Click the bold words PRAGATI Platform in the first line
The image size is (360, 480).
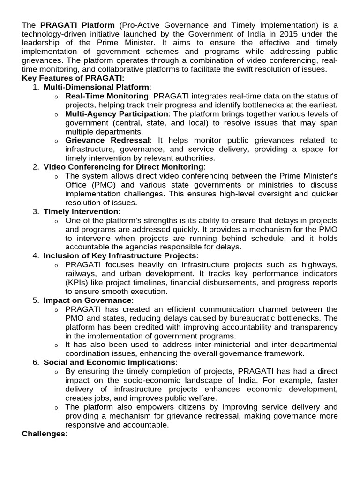(x=77, y=24)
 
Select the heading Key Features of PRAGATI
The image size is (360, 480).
(x=73, y=78)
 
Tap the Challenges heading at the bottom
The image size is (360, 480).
(x=45, y=434)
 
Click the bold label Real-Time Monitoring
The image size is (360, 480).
(x=107, y=96)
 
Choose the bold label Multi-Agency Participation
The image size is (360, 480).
(x=117, y=113)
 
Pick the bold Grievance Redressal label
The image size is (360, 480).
(x=108, y=140)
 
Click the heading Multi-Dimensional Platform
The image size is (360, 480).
(x=97, y=87)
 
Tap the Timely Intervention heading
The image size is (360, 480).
(x=81, y=211)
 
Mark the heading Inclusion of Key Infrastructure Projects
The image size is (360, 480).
(x=120, y=255)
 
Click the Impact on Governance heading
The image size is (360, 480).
(x=87, y=300)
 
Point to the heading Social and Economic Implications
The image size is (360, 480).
(x=109, y=362)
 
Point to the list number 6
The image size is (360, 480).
(x=36, y=362)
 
